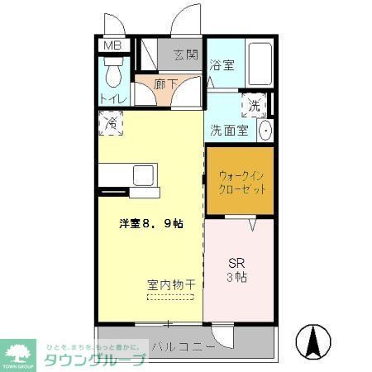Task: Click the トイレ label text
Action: click(x=113, y=99)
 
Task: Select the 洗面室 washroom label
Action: click(x=227, y=130)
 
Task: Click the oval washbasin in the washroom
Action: click(x=266, y=130)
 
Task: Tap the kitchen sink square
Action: click(x=141, y=176)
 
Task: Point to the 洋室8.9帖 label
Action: click(x=150, y=222)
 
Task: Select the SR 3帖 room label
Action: click(x=238, y=269)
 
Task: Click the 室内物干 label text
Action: click(x=170, y=284)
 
